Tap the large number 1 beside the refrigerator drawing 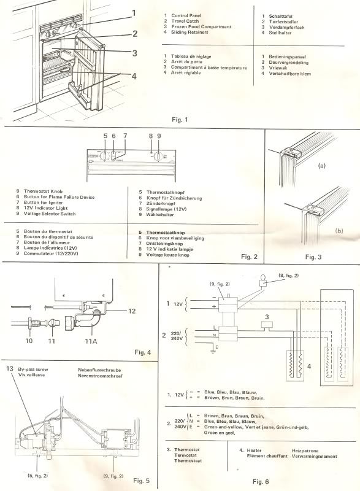point(132,12)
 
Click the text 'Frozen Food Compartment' point(202,27)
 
